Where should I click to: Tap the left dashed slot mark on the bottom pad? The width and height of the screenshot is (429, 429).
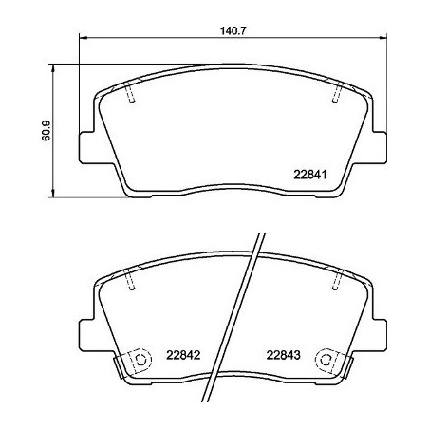click(132, 281)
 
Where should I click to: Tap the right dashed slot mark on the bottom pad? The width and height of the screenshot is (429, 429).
click(336, 281)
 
